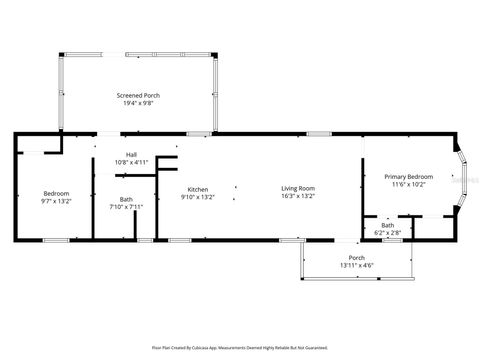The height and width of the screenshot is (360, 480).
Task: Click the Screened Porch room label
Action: pos(138,95)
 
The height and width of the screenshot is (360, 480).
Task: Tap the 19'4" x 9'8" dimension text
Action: pos(138,102)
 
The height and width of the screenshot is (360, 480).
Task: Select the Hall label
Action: pos(131,154)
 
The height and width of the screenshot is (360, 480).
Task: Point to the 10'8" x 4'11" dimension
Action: pos(131,161)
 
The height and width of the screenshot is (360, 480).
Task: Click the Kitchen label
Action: pos(197,189)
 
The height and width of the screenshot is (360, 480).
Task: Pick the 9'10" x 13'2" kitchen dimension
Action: pos(197,196)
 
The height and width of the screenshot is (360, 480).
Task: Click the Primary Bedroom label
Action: pos(409,176)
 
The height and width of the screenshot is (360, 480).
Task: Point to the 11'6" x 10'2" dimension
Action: pos(409,184)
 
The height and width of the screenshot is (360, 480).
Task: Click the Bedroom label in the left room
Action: pos(55,193)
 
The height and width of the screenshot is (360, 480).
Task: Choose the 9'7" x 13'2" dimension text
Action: pos(55,200)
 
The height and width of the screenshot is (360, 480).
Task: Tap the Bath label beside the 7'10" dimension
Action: pos(126,199)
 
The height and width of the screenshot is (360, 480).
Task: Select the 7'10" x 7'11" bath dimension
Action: pos(126,207)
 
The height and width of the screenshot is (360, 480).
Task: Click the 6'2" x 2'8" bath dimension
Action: pos(387,232)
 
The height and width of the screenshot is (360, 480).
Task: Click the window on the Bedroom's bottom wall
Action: pos(55,240)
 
